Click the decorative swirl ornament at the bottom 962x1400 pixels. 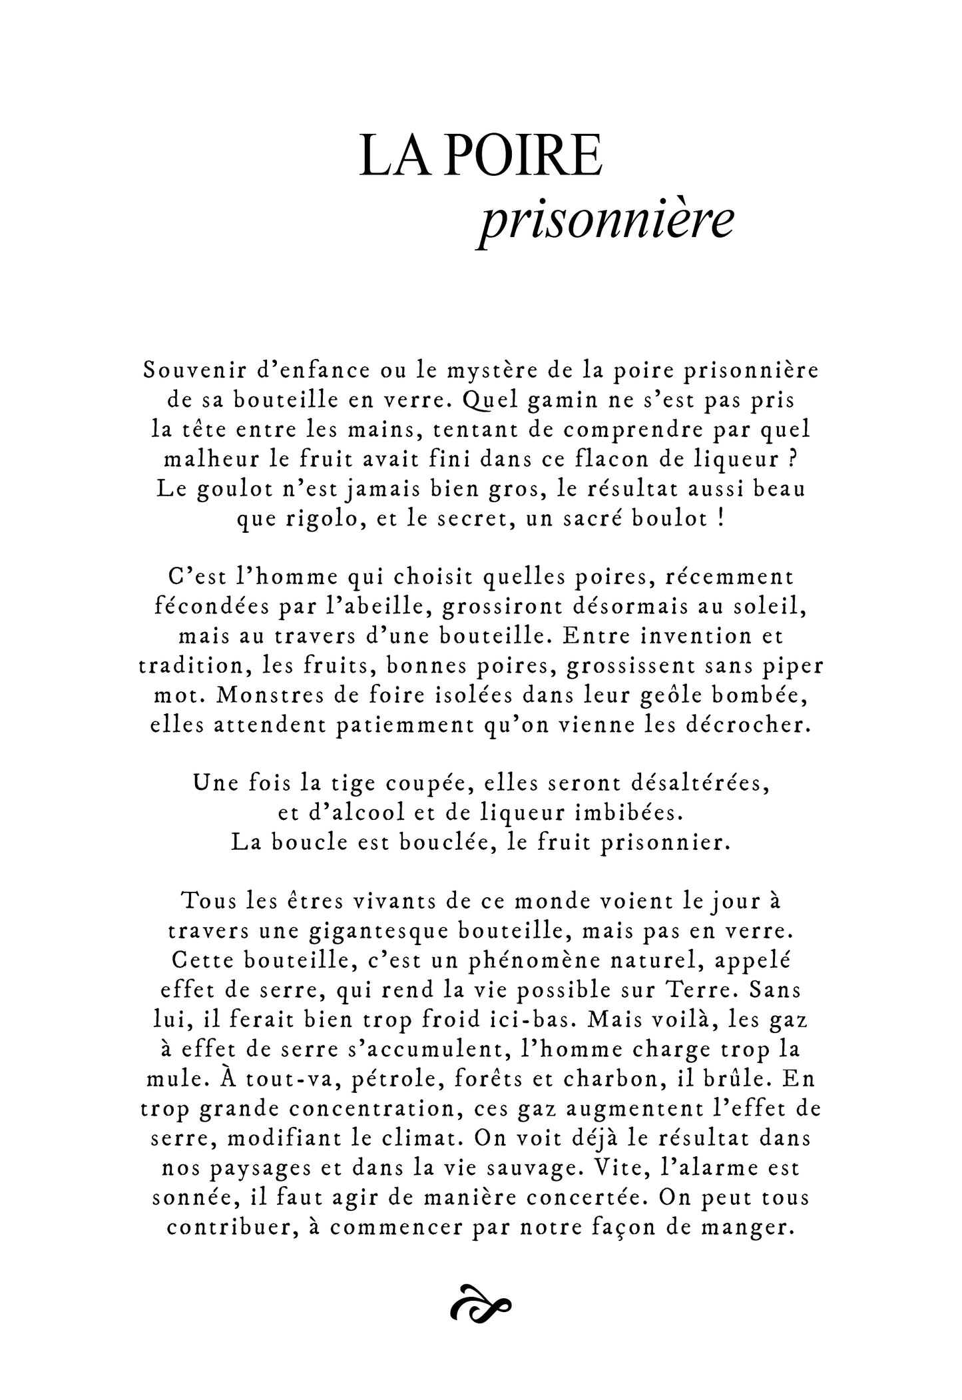pyautogui.click(x=481, y=1309)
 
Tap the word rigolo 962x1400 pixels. pyautogui.click(x=326, y=519)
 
